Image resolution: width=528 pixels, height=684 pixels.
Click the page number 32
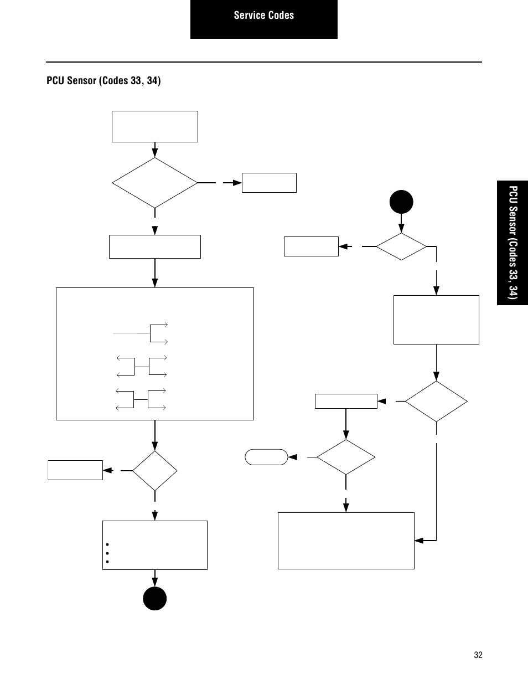[478, 655]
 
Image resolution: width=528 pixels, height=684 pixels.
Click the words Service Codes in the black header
[263, 16]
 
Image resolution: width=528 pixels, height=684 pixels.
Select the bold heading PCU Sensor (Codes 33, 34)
[103, 81]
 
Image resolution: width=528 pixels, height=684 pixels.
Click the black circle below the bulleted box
[155, 598]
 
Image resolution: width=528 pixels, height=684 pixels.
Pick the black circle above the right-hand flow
[401, 202]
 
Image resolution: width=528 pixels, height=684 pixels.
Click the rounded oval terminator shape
[266, 457]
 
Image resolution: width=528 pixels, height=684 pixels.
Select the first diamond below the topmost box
[155, 183]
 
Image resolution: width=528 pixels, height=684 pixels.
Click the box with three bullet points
[155, 545]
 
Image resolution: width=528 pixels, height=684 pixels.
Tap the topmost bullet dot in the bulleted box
[106, 545]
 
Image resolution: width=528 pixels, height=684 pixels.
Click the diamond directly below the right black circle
[401, 246]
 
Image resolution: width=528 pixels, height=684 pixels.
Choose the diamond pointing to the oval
[346, 457]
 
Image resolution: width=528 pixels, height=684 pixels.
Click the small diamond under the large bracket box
[155, 471]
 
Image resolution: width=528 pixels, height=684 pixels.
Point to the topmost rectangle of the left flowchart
[155, 126]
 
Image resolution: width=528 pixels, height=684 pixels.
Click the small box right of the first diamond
[269, 183]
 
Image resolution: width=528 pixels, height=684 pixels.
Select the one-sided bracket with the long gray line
[141, 333]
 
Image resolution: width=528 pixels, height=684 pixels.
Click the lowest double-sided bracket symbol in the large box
[142, 399]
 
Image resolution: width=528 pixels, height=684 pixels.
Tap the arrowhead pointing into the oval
[293, 457]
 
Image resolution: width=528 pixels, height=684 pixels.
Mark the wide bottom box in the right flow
[346, 541]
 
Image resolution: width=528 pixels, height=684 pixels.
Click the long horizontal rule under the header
[263, 62]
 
